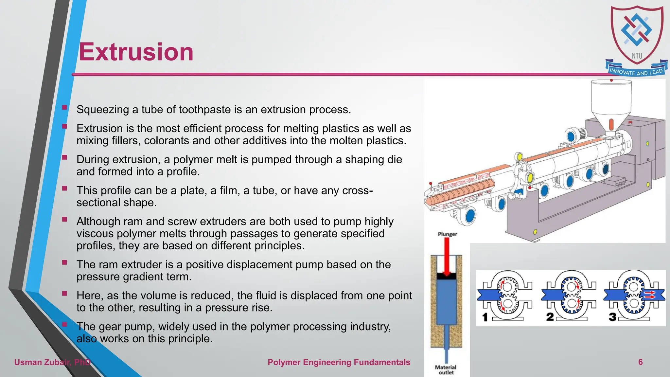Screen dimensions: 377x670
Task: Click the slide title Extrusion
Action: pos(136,52)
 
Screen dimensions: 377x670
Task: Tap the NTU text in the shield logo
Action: pos(637,56)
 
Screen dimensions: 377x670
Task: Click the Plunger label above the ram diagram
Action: pos(447,234)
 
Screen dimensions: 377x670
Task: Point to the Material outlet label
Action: pos(446,370)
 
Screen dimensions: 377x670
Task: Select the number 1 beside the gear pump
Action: pos(485,317)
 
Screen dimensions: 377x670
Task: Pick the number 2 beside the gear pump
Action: pos(550,317)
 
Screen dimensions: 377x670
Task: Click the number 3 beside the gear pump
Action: pos(612,317)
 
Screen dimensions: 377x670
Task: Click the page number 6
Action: pos(640,362)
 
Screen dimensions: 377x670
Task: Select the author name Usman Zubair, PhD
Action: pos(52,362)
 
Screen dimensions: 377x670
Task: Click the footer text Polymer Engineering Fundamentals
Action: pos(339,362)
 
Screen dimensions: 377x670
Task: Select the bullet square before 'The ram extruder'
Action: pos(64,262)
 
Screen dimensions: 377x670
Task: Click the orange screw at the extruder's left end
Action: pos(458,193)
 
